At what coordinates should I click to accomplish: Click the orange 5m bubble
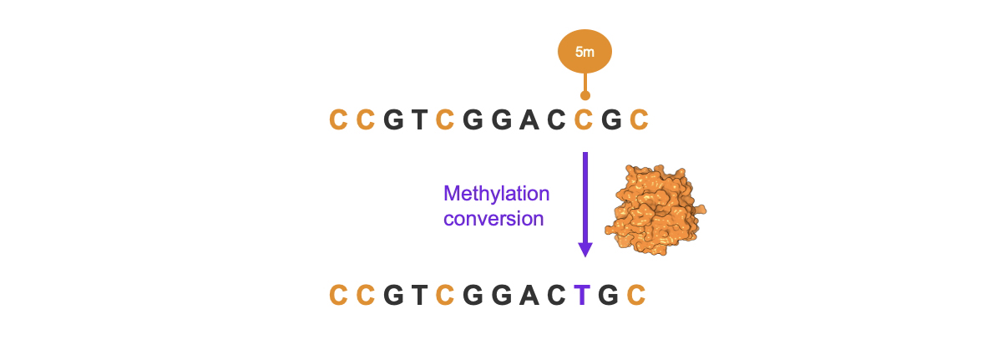click(584, 53)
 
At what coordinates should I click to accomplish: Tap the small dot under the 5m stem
click(584, 96)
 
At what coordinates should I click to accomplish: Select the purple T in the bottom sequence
click(584, 296)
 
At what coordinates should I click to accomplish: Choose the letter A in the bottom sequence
click(529, 296)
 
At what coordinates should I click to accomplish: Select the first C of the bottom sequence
click(338, 296)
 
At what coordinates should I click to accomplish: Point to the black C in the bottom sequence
click(557, 296)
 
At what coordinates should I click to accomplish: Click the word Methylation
click(496, 195)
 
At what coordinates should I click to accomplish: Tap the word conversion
click(493, 219)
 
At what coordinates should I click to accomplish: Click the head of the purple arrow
click(584, 249)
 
